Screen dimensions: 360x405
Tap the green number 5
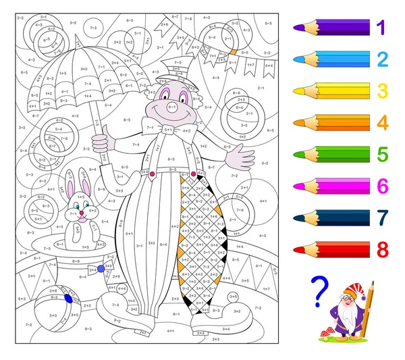point(383,155)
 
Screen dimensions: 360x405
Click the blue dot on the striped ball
point(67,297)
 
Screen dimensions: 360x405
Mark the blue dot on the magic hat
point(101,269)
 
